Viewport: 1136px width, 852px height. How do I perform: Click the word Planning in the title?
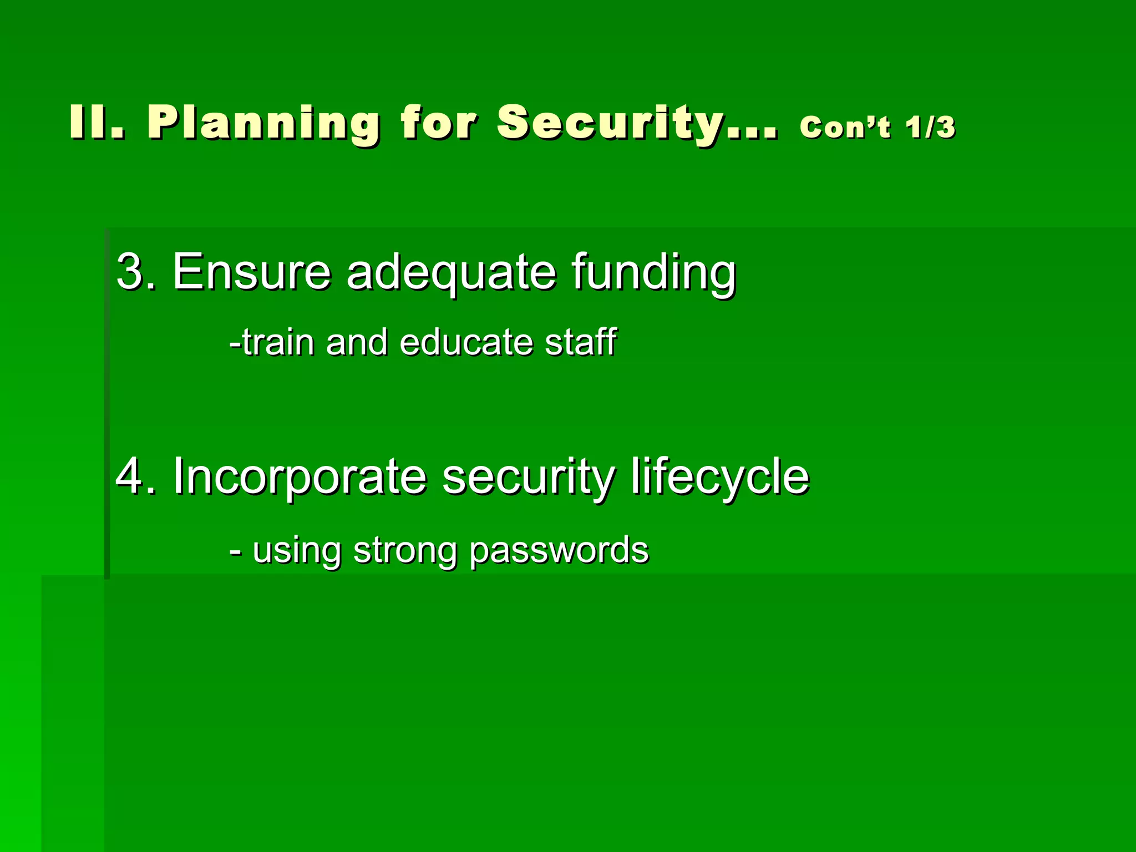point(263,123)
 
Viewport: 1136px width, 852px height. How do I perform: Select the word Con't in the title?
point(845,127)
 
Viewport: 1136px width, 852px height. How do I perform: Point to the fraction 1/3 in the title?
point(931,127)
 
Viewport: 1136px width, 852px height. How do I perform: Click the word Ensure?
point(252,271)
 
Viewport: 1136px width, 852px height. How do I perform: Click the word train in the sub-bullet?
point(278,342)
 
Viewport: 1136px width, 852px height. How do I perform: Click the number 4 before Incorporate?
point(129,476)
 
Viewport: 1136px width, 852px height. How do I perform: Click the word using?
point(296,551)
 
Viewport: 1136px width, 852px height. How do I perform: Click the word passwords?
point(559,551)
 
